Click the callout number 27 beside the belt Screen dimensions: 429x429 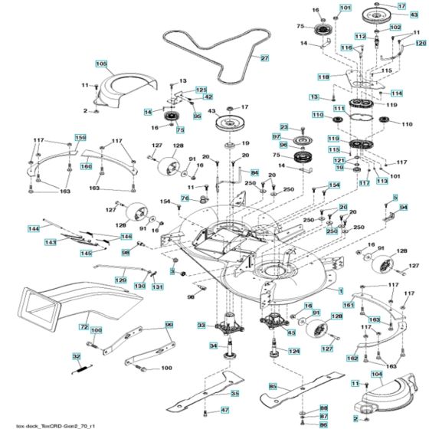[264, 58]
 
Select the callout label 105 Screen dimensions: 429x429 [101, 63]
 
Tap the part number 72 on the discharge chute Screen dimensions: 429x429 [84, 327]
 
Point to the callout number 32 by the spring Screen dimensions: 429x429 [76, 356]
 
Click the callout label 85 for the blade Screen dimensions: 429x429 [272, 385]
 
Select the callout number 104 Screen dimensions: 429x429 [376, 375]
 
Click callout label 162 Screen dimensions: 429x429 [352, 359]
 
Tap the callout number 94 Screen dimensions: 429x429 [404, 207]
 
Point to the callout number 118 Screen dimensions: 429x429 [323, 77]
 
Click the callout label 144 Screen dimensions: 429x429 [34, 228]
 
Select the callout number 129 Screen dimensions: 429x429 [120, 281]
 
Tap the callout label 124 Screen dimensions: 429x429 [293, 351]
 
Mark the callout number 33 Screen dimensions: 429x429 [201, 326]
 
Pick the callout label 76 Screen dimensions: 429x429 [185, 198]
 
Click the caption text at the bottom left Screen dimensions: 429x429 [54, 423]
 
